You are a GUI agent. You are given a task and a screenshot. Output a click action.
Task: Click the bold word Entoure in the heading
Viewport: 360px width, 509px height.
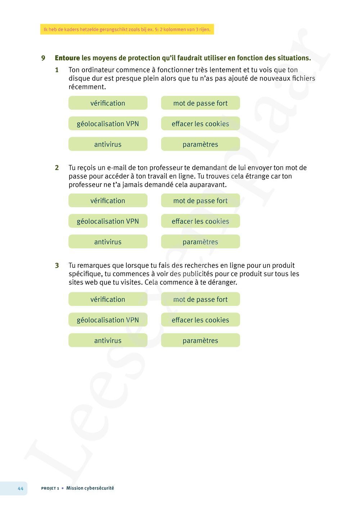[67, 58]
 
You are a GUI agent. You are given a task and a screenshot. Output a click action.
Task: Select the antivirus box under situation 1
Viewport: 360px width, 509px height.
[108, 144]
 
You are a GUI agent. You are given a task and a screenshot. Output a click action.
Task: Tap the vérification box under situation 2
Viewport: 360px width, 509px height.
[108, 201]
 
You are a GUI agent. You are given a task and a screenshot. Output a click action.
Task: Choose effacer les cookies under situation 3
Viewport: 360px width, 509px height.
[201, 320]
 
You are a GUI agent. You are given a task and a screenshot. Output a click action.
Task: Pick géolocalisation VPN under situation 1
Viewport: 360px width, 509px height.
[108, 123]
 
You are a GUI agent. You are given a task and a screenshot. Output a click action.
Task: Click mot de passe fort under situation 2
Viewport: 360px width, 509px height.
[201, 201]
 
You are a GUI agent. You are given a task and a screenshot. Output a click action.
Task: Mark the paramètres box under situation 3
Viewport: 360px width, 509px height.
[201, 340]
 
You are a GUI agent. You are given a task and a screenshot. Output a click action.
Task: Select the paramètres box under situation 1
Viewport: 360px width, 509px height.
[201, 144]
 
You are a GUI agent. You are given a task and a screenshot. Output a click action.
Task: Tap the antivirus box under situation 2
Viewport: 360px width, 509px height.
[108, 242]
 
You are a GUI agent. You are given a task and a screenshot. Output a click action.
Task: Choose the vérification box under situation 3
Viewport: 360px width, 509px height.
[108, 299]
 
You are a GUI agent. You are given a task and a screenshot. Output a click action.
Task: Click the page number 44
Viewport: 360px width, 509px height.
[21, 488]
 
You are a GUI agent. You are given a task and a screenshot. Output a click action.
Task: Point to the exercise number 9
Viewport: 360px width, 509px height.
[43, 58]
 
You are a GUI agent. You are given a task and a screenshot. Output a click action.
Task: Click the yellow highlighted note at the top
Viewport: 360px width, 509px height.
[127, 30]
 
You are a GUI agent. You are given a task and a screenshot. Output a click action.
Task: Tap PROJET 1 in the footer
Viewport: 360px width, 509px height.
[50, 488]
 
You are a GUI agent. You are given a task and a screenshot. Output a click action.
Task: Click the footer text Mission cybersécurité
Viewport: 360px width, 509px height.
[90, 488]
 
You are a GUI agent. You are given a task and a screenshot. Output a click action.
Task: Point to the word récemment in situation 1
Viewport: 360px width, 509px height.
[87, 87]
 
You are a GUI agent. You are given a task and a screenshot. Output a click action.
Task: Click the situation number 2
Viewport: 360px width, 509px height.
[57, 168]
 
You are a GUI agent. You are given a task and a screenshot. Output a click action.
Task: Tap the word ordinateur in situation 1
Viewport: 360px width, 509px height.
[97, 70]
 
